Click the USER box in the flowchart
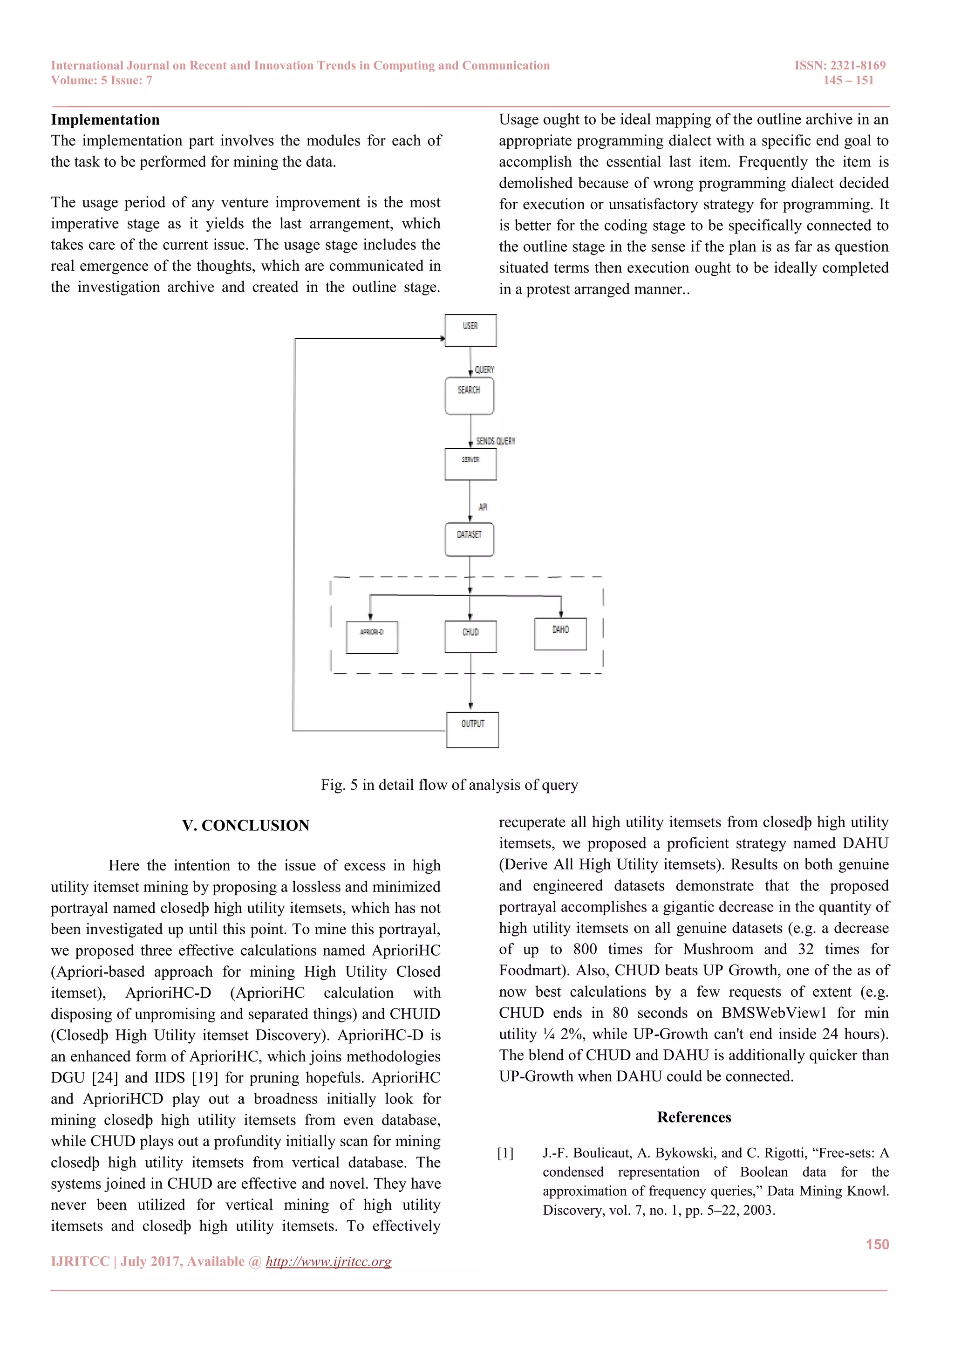470,330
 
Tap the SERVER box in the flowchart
470,464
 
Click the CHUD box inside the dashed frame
470,637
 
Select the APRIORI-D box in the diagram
372,637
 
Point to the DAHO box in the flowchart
560,634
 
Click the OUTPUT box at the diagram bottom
472,730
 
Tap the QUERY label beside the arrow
484,370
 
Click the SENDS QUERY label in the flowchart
495,441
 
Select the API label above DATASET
483,507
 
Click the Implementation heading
105,120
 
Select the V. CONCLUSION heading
245,826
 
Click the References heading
694,1117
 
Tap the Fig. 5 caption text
450,785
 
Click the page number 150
877,1245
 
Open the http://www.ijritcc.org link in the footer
328,1261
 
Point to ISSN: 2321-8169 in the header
839,65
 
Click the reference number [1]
505,1153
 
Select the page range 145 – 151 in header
848,81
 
